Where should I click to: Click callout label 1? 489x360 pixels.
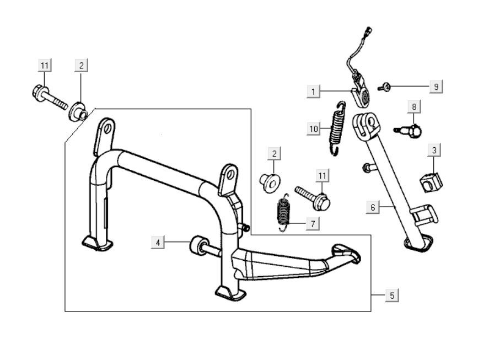coord(313,91)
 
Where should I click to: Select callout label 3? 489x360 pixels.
coord(434,150)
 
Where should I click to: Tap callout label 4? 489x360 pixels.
coord(158,242)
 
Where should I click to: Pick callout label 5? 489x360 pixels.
coord(392,295)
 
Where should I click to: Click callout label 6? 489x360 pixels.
coord(373,207)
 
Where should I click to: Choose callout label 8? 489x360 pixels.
coord(415,105)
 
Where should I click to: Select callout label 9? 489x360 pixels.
coord(436,87)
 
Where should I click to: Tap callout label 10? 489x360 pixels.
coord(314,129)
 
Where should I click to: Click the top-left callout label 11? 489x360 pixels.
coord(45,66)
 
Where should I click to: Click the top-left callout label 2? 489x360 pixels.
coord(81,66)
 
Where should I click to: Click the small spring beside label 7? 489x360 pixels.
coord(283,213)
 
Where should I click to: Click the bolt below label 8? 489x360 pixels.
coord(409,130)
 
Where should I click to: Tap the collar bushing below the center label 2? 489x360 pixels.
coord(270,181)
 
